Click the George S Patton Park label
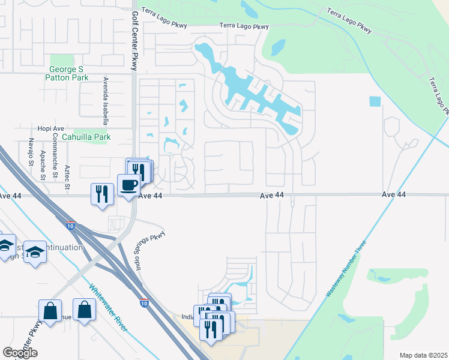[68, 73]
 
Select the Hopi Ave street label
[50, 128]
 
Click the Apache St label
[43, 166]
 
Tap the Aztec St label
[67, 176]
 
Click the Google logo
[20, 353]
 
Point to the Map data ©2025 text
[424, 355]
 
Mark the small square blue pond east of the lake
[375, 101]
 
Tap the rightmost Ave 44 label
[394, 195]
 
